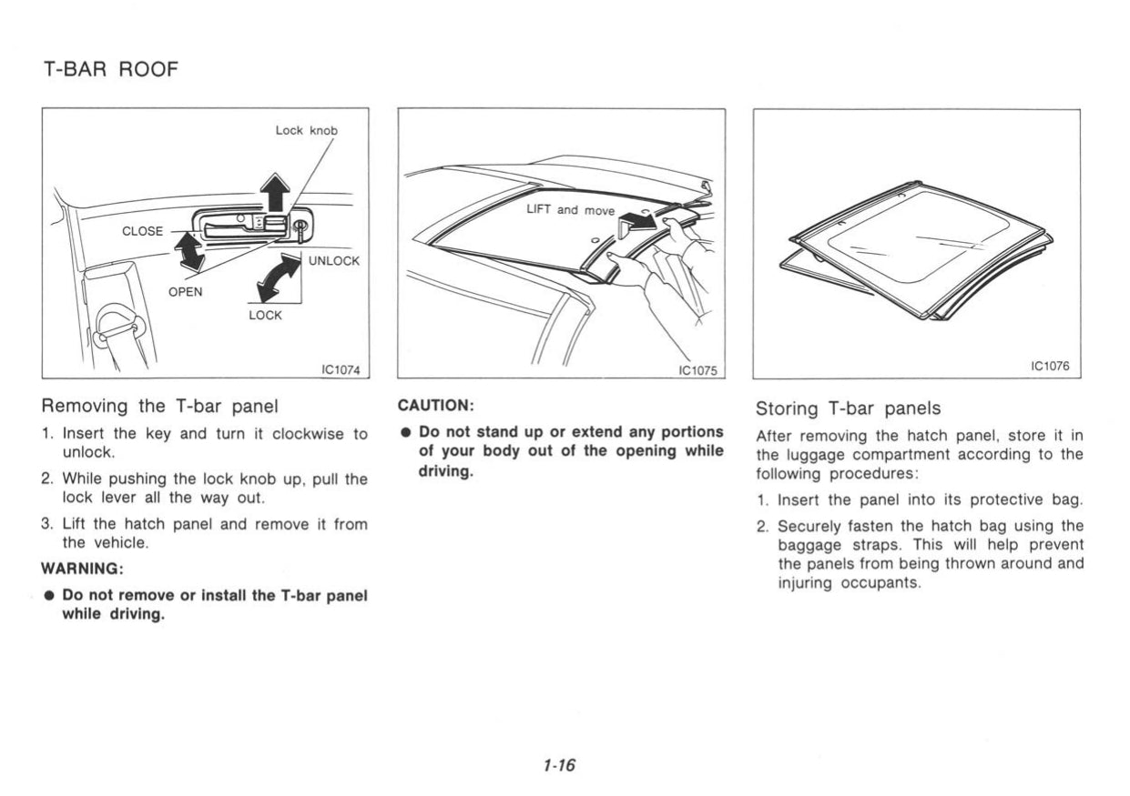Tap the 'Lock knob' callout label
click(x=306, y=130)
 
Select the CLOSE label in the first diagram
click(x=142, y=230)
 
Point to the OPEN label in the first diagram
click(x=185, y=292)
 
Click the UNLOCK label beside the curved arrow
click(x=334, y=261)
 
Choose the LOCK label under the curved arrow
click(x=265, y=315)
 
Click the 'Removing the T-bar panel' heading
click(x=159, y=406)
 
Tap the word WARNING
click(x=82, y=569)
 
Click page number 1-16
click(x=558, y=765)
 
